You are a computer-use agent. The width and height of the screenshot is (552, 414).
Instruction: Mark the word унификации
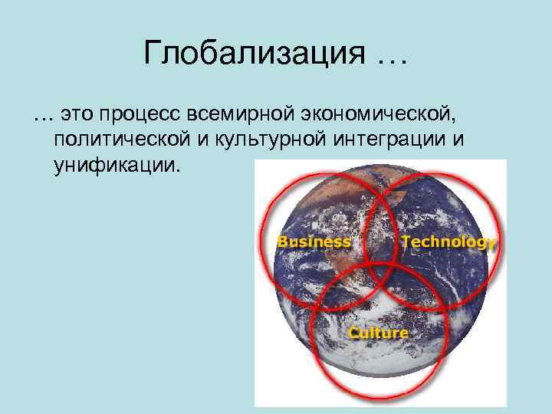pyautogui.click(x=115, y=166)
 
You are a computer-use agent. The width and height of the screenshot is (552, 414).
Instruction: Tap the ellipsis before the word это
pyautogui.click(x=42, y=117)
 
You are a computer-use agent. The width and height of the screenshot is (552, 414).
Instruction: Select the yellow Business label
pyautogui.click(x=314, y=242)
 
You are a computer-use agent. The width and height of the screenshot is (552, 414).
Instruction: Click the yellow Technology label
pyautogui.click(x=448, y=242)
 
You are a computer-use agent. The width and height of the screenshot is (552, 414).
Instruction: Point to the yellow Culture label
pyautogui.click(x=379, y=333)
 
